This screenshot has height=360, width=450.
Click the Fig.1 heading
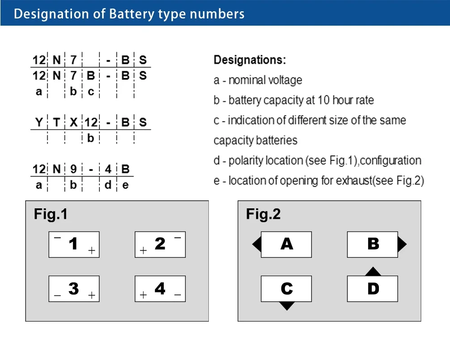(50, 214)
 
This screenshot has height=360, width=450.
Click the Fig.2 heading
(263, 214)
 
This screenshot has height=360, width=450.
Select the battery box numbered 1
(74, 244)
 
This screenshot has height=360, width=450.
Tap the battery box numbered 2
(160, 244)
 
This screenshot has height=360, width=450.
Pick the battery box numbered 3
(74, 288)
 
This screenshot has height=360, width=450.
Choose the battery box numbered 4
(160, 288)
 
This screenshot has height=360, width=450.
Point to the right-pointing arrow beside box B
(402, 244)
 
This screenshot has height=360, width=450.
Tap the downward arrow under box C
(287, 306)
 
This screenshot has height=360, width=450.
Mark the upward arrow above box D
(373, 272)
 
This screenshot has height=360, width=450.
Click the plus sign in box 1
(92, 251)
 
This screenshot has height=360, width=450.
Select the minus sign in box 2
(178, 237)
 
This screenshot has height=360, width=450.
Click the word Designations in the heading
(249, 60)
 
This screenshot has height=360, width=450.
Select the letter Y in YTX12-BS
(39, 122)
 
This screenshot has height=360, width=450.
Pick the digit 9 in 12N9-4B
(73, 169)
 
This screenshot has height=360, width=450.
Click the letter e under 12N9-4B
(125, 185)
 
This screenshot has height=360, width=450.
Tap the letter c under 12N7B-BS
(90, 92)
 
